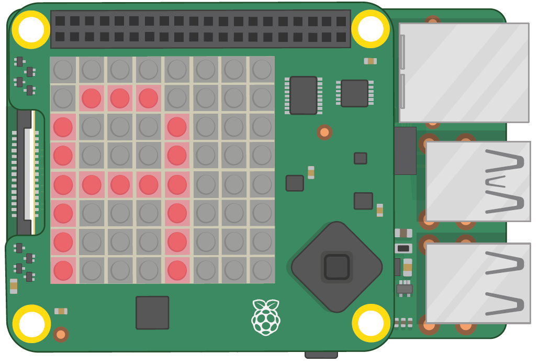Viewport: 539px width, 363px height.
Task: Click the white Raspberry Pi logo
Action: pos(266,317)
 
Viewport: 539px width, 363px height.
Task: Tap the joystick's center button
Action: pos(336,267)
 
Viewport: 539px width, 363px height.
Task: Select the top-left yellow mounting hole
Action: pos(31,29)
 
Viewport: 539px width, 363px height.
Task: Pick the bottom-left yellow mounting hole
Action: pos(31,324)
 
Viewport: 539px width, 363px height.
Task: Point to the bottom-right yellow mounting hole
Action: pos(371,323)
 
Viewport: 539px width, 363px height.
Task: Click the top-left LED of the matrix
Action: pos(63,70)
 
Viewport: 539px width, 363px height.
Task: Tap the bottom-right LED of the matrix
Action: pos(262,270)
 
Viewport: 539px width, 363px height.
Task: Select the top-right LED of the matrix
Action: pos(262,70)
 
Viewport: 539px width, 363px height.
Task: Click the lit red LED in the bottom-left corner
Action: pos(63,270)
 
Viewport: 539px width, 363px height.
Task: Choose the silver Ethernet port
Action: pos(464,72)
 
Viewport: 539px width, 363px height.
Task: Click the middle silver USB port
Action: pos(478,181)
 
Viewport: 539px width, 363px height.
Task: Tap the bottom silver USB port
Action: pos(478,283)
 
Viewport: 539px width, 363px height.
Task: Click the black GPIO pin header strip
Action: pos(200,29)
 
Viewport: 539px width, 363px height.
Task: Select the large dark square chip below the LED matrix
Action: pos(152,313)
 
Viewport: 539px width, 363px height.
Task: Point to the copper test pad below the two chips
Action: pos(324,132)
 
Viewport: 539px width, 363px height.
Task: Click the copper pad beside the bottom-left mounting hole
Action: pos(61,334)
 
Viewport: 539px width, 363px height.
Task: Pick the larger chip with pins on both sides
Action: pos(304,95)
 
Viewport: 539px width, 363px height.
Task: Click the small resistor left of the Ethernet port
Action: pos(370,61)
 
